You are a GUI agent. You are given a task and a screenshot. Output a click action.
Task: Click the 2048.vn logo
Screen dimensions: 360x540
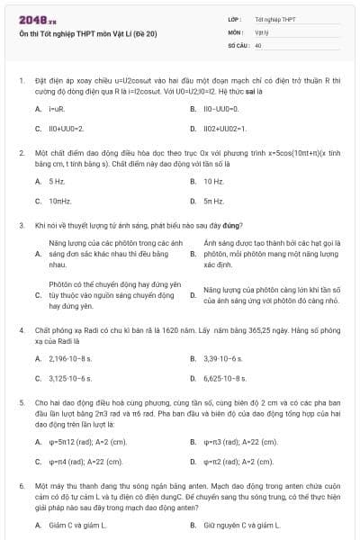[38, 18]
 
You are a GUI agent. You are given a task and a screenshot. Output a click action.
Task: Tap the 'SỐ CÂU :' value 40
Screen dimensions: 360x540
[258, 43]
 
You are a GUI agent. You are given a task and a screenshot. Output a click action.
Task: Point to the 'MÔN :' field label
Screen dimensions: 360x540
[235, 31]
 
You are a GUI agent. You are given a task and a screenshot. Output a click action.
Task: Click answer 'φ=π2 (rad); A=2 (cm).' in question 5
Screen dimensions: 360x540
[238, 462]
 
